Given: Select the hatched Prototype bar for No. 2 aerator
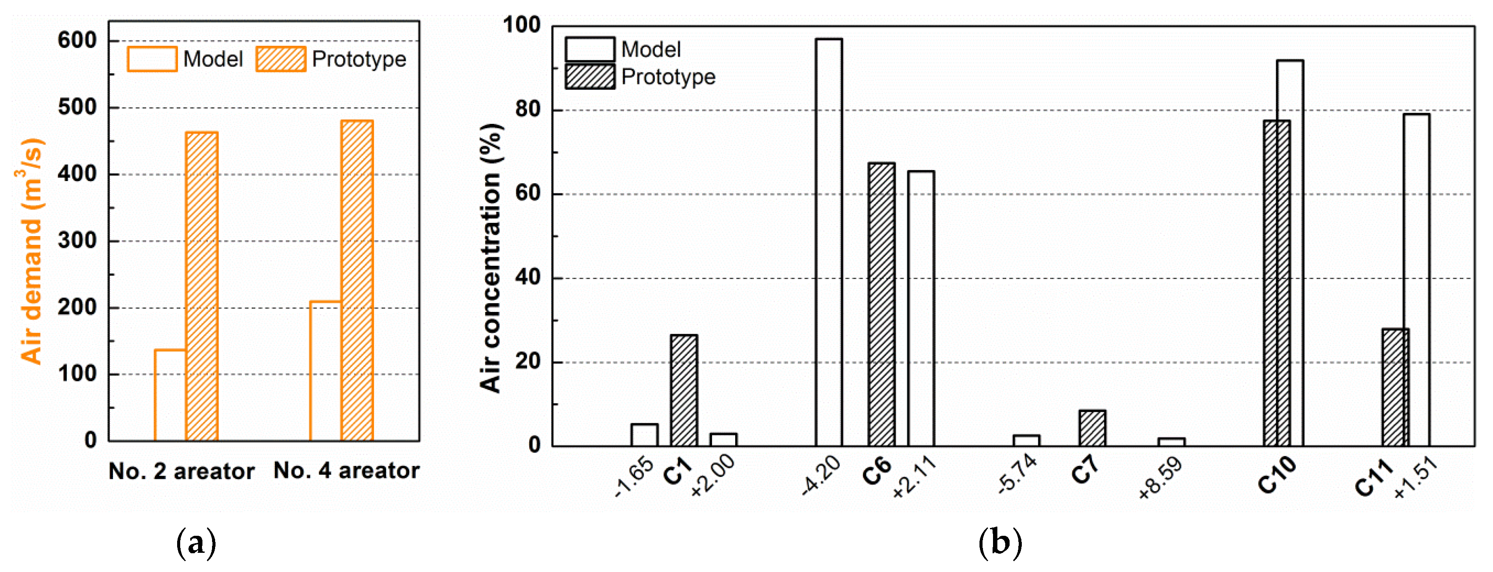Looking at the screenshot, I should click(x=202, y=286).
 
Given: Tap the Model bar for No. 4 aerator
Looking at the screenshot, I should click(x=325, y=371).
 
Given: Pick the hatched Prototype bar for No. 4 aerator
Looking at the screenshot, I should click(x=357, y=281).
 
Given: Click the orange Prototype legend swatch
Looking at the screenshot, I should click(x=281, y=59).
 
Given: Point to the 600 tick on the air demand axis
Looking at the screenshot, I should click(x=77, y=41).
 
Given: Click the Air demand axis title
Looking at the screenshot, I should click(x=31, y=251).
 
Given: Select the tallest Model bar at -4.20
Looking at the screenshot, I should click(x=829, y=242).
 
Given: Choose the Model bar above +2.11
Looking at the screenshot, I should click(x=921, y=308).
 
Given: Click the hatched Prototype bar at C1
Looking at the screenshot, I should click(x=684, y=390).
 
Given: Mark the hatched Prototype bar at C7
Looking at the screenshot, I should click(x=1092, y=428).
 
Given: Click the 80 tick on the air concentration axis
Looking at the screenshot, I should click(x=527, y=110).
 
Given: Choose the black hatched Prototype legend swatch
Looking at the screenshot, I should click(x=589, y=76).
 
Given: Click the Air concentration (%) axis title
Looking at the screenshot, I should click(x=491, y=258).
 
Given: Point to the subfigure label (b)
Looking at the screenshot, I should click(x=1000, y=543).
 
